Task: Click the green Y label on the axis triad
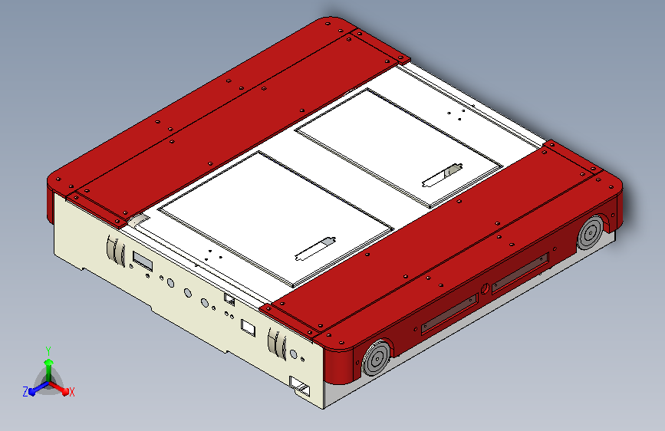[48, 350]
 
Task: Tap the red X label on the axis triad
[71, 392]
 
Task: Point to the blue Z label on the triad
[25, 392]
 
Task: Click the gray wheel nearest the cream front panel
[377, 358]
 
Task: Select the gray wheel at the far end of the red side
[590, 232]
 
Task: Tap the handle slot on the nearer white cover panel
[315, 248]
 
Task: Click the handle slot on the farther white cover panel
[443, 175]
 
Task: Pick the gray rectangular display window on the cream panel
[143, 261]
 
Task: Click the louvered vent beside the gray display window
[115, 250]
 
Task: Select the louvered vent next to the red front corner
[277, 343]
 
